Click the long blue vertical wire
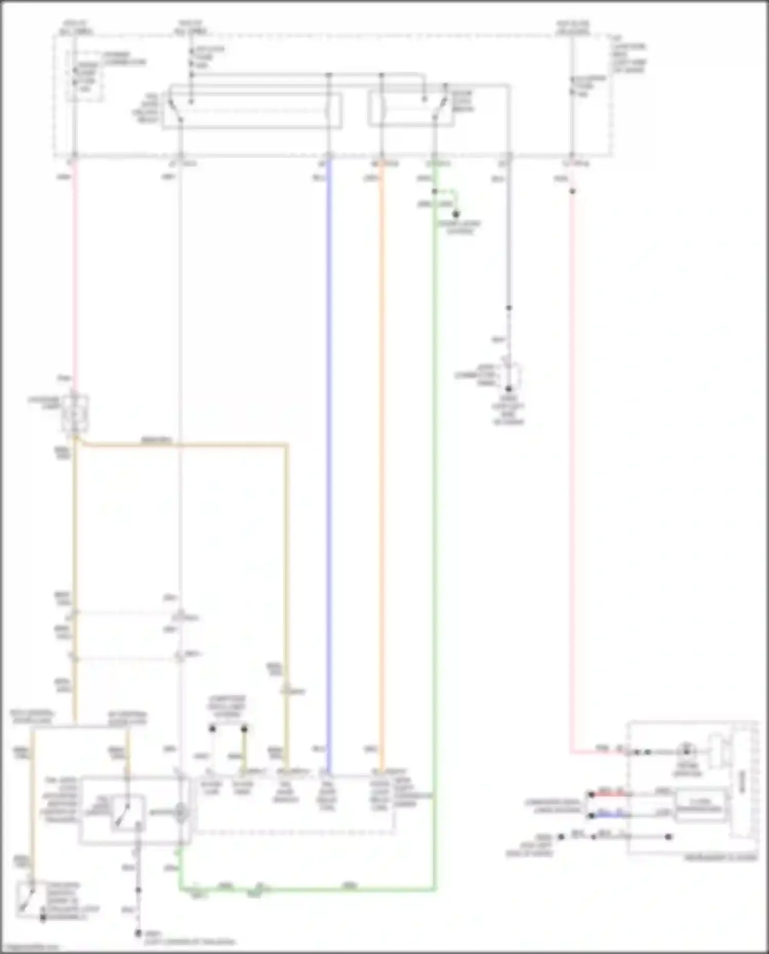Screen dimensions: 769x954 coord(329,461)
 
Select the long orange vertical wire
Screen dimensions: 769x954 coord(381,461)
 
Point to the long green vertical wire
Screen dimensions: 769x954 coord(435,513)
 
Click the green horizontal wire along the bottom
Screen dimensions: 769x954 coord(308,889)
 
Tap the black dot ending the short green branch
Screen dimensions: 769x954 coord(455,214)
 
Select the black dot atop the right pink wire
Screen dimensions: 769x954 coord(572,191)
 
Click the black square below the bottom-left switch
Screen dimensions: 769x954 coord(43,918)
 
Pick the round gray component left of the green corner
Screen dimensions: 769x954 coord(180,813)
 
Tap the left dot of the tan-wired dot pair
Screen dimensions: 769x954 coord(212,728)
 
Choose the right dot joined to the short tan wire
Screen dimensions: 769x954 coord(245,728)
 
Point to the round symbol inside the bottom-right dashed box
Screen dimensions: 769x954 coord(685,751)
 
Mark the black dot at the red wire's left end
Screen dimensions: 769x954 coord(591,795)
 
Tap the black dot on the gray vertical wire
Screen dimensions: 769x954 coord(509,308)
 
